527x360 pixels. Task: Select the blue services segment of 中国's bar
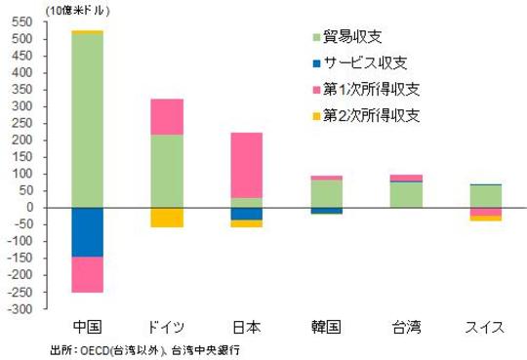(88, 232)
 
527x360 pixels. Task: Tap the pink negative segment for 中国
(88, 274)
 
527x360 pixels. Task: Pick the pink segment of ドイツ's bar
(166, 116)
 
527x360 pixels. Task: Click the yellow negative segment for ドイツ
(166, 218)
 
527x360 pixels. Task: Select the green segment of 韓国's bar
(325, 193)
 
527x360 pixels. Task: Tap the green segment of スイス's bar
(485, 195)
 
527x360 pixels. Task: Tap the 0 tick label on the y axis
(31, 208)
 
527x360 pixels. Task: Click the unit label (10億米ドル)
(48, 8)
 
